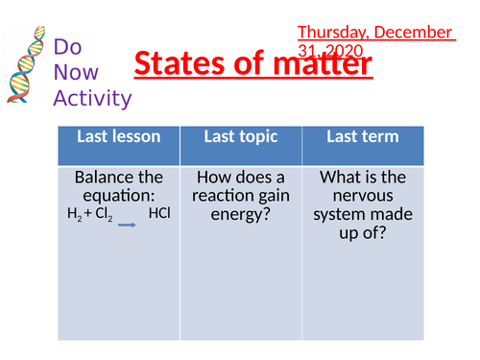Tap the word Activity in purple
[92, 97]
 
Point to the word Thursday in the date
[331, 33]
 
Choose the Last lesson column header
[119, 137]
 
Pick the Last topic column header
[241, 137]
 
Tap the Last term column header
[362, 137]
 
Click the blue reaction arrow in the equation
[127, 221]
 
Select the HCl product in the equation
[159, 213]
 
